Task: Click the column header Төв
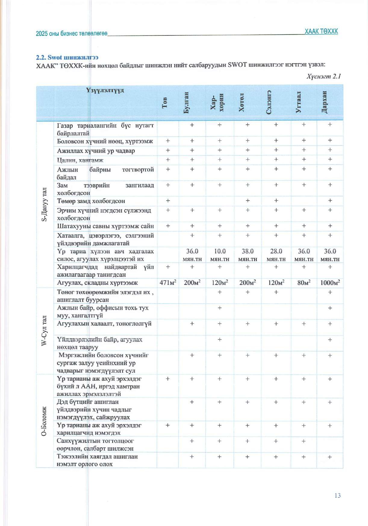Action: click(x=165, y=103)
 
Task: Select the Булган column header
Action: click(x=186, y=103)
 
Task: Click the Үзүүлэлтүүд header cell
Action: click(x=105, y=90)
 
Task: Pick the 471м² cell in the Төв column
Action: click(x=168, y=283)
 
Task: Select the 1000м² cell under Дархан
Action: click(x=330, y=283)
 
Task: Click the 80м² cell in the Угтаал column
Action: click(x=304, y=283)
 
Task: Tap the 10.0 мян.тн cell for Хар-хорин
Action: click(x=220, y=255)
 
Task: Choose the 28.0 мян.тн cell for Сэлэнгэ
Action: click(x=276, y=255)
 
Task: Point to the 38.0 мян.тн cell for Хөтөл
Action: click(x=248, y=255)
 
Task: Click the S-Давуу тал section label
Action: click(x=44, y=204)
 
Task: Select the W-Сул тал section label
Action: click(x=44, y=331)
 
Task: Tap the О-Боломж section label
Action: click(x=44, y=421)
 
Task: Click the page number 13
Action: click(x=337, y=496)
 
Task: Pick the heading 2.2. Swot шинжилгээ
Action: click(x=67, y=57)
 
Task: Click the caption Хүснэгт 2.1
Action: click(x=323, y=76)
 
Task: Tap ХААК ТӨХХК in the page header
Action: click(x=321, y=31)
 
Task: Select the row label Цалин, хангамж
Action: click(x=80, y=160)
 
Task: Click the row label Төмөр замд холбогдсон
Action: click(x=91, y=201)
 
